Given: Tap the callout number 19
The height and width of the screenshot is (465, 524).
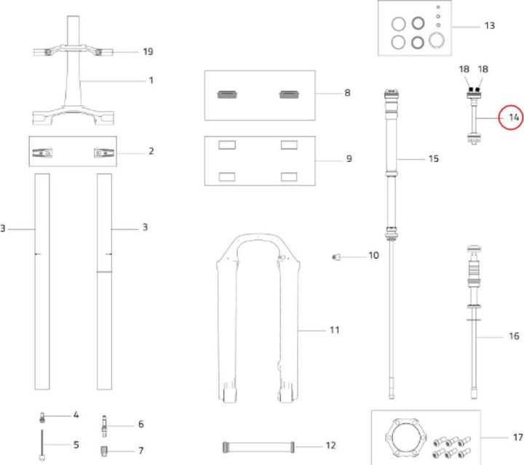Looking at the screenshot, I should (148, 52).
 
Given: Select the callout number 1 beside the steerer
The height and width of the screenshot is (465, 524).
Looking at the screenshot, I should (151, 80).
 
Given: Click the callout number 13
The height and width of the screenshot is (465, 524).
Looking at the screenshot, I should (489, 25).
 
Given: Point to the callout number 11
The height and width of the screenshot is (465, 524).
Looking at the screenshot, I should (335, 330).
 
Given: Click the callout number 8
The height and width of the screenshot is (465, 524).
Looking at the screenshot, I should (347, 93).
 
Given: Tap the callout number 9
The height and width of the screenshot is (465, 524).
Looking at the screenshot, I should (349, 158).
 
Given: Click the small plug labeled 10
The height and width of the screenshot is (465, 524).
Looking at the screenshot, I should (336, 256).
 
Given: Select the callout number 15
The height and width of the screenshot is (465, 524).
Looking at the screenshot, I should (434, 158).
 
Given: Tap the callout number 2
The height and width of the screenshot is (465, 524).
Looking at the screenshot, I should (151, 151).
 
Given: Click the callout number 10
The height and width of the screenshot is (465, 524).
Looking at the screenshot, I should (373, 256).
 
